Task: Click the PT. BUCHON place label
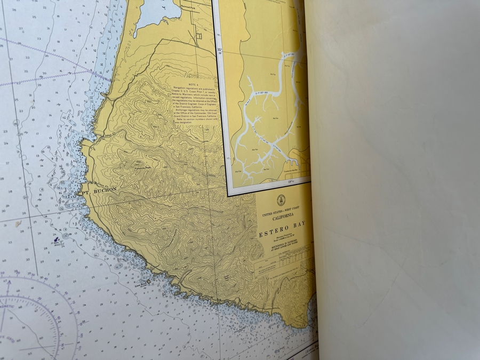99,189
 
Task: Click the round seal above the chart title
281,201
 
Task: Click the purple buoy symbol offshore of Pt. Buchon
55,234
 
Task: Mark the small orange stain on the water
18,224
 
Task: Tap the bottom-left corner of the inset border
229,195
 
